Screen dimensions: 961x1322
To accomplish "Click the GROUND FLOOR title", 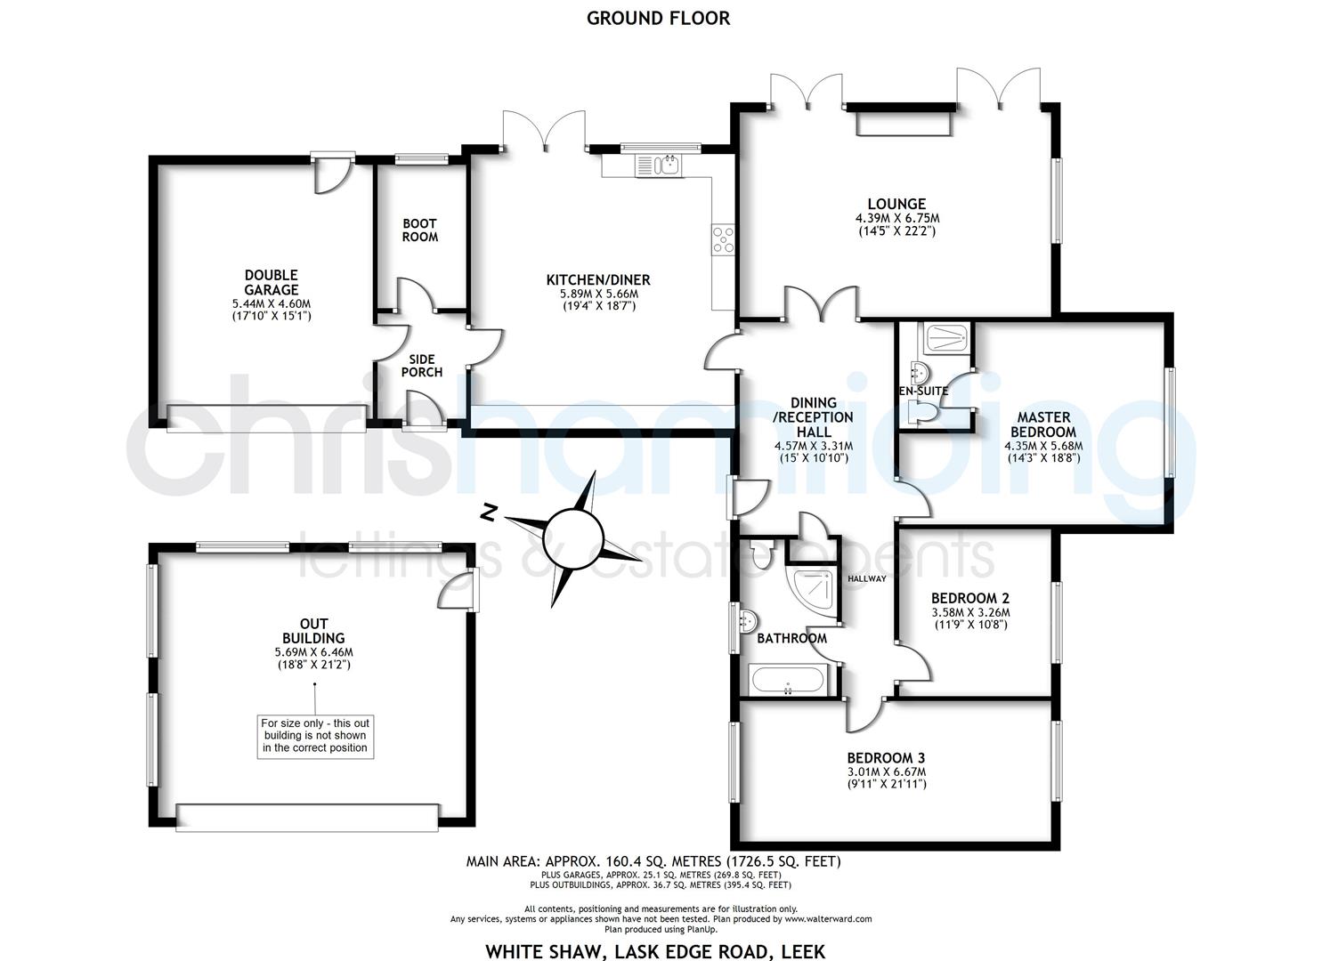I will click(658, 18).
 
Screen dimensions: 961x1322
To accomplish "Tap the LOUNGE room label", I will click(896, 204).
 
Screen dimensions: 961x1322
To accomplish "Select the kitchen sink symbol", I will click(659, 165).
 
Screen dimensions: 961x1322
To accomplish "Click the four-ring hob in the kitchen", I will click(723, 239).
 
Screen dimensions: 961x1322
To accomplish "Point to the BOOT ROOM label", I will click(419, 230).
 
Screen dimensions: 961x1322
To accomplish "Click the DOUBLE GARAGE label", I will click(272, 282).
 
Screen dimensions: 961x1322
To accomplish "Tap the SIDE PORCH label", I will click(421, 366).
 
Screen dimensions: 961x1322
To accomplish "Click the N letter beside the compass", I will click(487, 513).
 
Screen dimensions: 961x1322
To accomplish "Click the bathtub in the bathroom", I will click(790, 682).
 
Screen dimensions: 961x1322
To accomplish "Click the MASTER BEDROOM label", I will click(1043, 424).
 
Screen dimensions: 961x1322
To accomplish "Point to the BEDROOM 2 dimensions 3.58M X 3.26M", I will click(970, 612).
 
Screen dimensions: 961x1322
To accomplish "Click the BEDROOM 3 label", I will click(886, 758).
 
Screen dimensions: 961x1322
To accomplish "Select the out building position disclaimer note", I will click(314, 736).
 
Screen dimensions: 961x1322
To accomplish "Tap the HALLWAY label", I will click(866, 578).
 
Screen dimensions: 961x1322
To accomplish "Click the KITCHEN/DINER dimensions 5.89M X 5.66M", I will click(598, 294).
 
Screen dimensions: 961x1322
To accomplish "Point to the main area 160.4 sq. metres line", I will click(653, 861).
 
